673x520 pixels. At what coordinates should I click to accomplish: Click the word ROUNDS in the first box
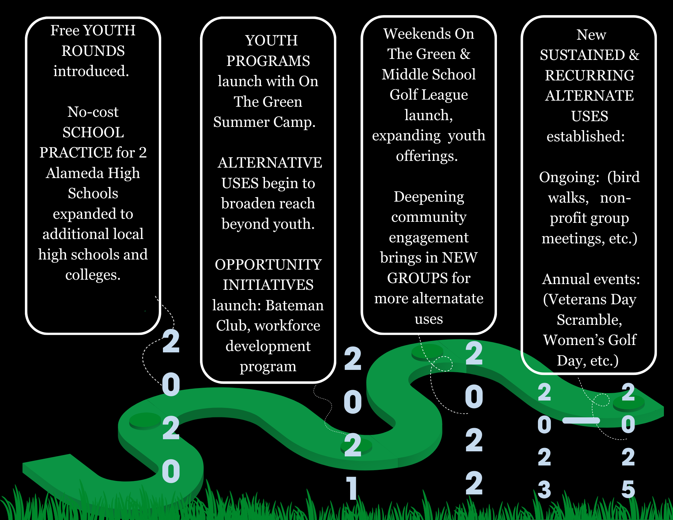(93, 51)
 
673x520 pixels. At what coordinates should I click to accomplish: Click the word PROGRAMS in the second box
(268, 61)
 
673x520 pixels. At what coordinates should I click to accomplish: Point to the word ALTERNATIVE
(270, 163)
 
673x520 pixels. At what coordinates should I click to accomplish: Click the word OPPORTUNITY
(268, 265)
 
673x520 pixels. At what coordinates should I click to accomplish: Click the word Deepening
(429, 197)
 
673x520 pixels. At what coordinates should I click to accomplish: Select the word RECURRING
(590, 75)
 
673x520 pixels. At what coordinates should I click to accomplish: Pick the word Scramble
(589, 320)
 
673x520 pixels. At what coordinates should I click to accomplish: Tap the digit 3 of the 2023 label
(544, 489)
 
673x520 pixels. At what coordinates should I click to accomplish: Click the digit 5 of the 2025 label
(628, 489)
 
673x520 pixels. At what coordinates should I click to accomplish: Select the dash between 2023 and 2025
(581, 420)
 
